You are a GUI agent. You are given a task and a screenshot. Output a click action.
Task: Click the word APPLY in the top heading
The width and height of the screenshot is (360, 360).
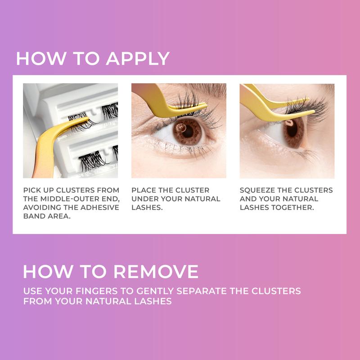pyautogui.click(x=138, y=59)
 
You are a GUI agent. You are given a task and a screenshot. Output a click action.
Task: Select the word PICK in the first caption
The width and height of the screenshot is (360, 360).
pyautogui.click(x=32, y=190)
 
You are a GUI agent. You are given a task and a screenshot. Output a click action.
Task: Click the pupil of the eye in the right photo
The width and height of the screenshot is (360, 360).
pyautogui.click(x=291, y=130)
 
